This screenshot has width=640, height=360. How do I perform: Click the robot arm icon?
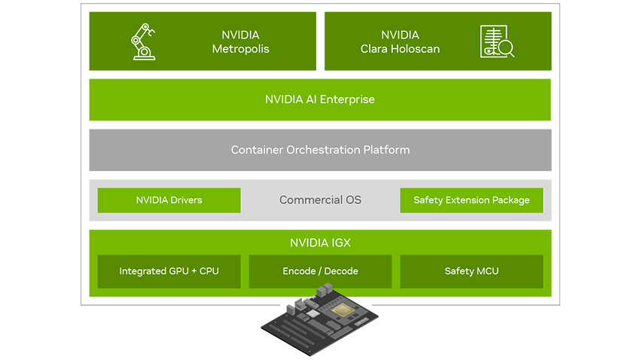coord(142,41)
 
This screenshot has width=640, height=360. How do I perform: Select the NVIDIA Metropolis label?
coord(240,41)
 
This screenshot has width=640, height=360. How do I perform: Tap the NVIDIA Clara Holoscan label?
coord(400,41)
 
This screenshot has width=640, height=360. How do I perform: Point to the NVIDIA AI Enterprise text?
coord(320,99)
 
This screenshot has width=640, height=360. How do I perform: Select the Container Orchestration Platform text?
coord(320,150)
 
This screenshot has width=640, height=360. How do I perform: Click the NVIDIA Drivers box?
coord(169,200)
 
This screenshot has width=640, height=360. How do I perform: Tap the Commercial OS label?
coord(320,200)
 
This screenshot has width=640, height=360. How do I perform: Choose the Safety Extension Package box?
coord(471,200)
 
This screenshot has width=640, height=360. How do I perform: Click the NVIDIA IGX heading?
coord(320,243)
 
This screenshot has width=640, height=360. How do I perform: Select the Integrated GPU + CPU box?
coord(169,271)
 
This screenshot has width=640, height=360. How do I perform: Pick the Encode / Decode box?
coord(320,271)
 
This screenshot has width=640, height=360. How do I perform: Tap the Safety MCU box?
coord(471,271)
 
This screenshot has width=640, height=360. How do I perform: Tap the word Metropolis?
coord(240,49)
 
